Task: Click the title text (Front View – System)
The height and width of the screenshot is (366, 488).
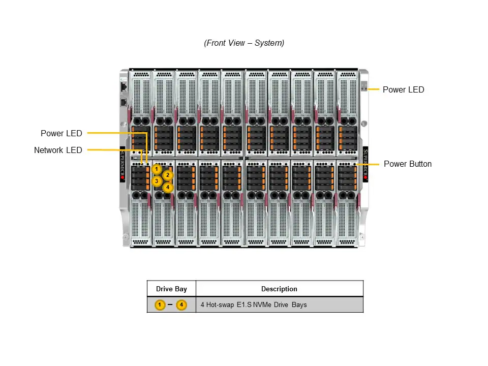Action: (x=244, y=43)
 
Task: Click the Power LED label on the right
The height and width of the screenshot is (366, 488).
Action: (x=403, y=90)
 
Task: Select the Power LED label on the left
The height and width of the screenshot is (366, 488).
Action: (x=61, y=134)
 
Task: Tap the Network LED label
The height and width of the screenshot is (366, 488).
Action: (x=57, y=150)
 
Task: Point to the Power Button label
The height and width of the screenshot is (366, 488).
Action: (x=407, y=164)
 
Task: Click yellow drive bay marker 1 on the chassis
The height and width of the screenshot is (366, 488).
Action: (x=157, y=169)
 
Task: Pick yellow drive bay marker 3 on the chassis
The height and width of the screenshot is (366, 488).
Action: (x=157, y=181)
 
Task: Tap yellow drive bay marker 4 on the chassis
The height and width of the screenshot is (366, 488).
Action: (x=168, y=187)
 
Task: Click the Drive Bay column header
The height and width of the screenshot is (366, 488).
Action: (x=171, y=289)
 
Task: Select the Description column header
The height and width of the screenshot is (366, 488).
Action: (x=279, y=289)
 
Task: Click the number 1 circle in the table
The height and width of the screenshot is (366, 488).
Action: (x=160, y=305)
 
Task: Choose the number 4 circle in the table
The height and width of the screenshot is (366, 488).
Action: (x=181, y=305)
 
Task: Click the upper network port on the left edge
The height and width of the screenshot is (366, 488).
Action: (x=124, y=87)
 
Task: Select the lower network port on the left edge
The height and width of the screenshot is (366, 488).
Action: (x=124, y=102)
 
